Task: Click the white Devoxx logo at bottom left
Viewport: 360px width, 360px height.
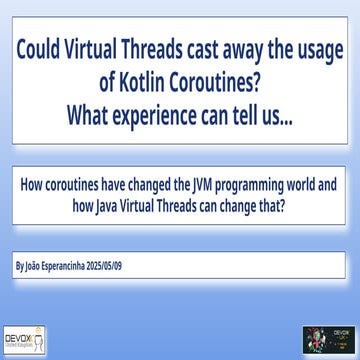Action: (x=25, y=340)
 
